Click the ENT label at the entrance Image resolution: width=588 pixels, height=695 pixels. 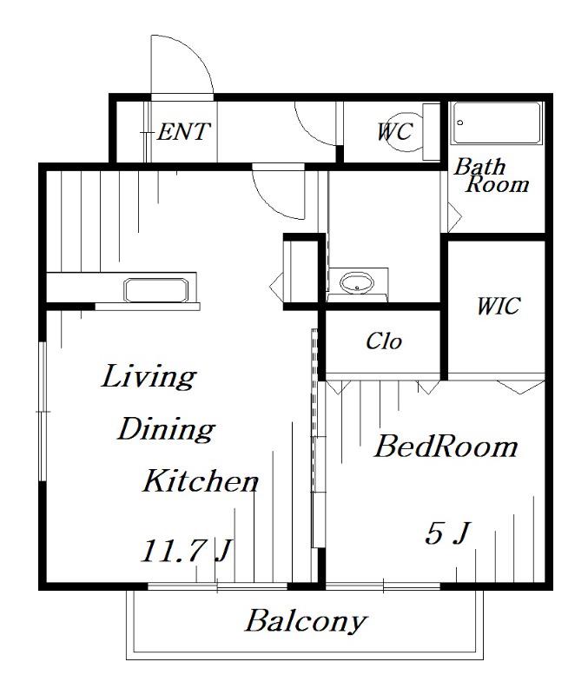pyautogui.click(x=183, y=132)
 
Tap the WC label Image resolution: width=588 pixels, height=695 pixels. pyautogui.click(x=396, y=132)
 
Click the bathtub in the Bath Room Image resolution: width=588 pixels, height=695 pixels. pyautogui.click(x=496, y=122)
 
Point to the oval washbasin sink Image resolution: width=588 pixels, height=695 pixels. pyautogui.click(x=357, y=282)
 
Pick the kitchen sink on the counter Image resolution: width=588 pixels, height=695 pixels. pyautogui.click(x=156, y=290)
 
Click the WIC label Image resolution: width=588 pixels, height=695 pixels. pyautogui.click(x=498, y=306)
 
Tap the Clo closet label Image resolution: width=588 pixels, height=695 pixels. pyautogui.click(x=384, y=341)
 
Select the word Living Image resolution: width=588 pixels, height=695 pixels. pyautogui.click(x=149, y=377)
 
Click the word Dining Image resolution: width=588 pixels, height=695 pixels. pyautogui.click(x=166, y=429)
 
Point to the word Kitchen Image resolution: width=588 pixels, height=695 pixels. pyautogui.click(x=201, y=481)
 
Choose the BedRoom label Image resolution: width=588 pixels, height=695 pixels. pyautogui.click(x=446, y=446)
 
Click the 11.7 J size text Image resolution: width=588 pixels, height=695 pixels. pyautogui.click(x=186, y=551)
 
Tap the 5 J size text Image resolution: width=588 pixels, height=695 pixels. pyautogui.click(x=447, y=533)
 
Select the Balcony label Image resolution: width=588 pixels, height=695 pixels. pyautogui.click(x=306, y=621)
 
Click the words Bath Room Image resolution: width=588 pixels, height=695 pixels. pyautogui.click(x=492, y=175)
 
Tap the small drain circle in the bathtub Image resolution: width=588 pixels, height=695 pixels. pyautogui.click(x=460, y=122)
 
